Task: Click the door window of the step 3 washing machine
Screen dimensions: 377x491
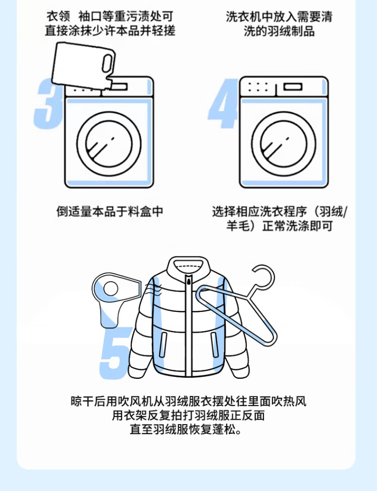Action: coord(109,144)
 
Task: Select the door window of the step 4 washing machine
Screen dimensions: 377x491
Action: coord(284,144)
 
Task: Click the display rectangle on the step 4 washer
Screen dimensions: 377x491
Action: coord(293,87)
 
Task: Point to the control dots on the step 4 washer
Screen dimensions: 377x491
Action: coord(258,87)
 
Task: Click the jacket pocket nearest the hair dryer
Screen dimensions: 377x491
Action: coord(163,345)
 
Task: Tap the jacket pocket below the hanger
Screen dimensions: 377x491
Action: coord(214,345)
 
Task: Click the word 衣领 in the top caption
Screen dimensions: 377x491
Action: coord(58,16)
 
